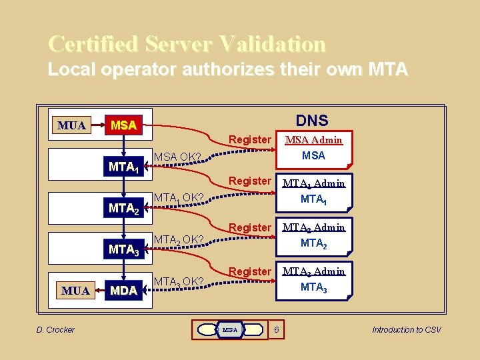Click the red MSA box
(x=124, y=125)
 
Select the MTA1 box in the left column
(x=124, y=167)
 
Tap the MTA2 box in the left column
(x=124, y=209)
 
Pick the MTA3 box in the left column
(x=124, y=250)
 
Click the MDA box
(x=124, y=291)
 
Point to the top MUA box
(x=71, y=125)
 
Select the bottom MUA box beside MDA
(x=76, y=291)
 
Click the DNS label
(x=312, y=120)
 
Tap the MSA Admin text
(x=313, y=140)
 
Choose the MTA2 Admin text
(x=313, y=227)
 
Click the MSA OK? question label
(x=178, y=157)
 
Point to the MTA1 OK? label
(x=178, y=198)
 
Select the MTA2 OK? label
(x=178, y=239)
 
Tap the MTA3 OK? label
(x=178, y=281)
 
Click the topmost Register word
(x=250, y=140)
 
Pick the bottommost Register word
(x=250, y=271)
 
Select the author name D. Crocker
(x=55, y=329)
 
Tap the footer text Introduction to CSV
(x=407, y=329)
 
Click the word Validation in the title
(x=269, y=44)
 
